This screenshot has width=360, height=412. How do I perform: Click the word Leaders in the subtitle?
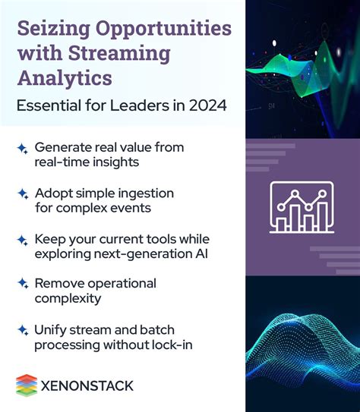[x=143, y=105]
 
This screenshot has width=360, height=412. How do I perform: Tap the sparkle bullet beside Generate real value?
[x=22, y=149]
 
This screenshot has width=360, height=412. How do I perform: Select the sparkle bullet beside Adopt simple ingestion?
[x=22, y=194]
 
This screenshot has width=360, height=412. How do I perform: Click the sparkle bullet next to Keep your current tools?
[x=22, y=240]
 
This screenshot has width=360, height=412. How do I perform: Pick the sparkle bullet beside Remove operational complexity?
[x=22, y=284]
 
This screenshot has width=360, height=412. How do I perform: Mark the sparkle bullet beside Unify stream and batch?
[x=22, y=330]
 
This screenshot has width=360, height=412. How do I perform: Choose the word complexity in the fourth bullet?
[x=67, y=298]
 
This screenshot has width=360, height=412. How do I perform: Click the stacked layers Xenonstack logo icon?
[x=26, y=385]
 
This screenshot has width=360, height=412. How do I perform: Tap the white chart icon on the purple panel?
[x=302, y=206]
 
